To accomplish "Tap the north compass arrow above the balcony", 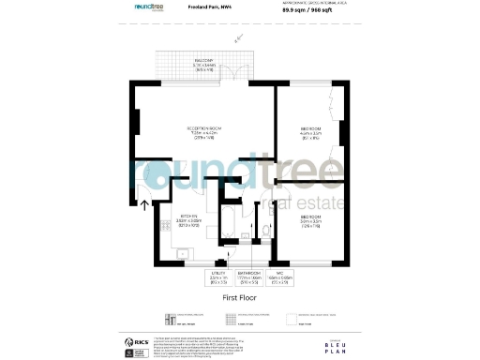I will tap(238, 40).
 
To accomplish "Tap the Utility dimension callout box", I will tap(219, 278).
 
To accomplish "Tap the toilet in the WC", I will tap(265, 232).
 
